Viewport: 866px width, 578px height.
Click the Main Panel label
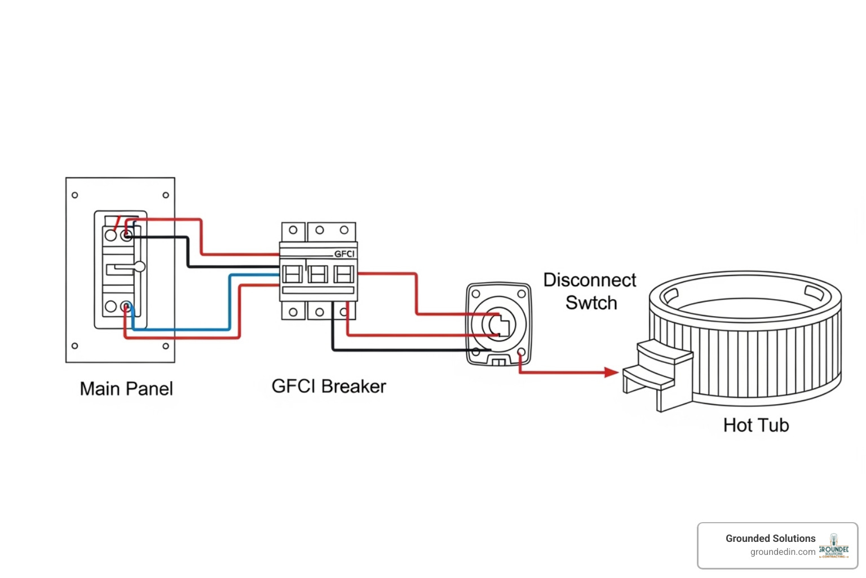click(x=126, y=388)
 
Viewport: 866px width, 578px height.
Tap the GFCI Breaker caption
click(x=329, y=386)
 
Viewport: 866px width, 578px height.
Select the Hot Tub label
click(x=756, y=425)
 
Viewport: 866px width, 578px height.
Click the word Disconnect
click(x=590, y=280)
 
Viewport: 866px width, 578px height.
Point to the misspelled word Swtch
click(x=591, y=303)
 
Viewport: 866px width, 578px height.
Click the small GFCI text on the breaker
click(x=344, y=254)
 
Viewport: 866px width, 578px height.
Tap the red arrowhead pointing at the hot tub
click(x=611, y=372)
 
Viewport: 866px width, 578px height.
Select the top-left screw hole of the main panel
click(x=74, y=195)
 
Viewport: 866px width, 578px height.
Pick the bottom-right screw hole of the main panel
click(x=166, y=346)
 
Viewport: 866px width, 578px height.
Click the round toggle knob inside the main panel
click(x=139, y=266)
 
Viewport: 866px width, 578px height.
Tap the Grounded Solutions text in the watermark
click(x=770, y=538)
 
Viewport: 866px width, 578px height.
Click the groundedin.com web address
click(x=783, y=552)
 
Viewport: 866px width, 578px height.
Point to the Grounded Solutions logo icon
click(x=834, y=546)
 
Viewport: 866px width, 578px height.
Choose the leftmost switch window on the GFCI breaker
click(x=293, y=275)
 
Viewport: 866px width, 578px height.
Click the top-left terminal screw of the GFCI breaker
click(x=293, y=230)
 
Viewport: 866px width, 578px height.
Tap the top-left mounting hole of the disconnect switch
click(x=476, y=294)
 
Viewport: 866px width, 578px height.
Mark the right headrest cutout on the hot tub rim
click(x=814, y=292)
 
